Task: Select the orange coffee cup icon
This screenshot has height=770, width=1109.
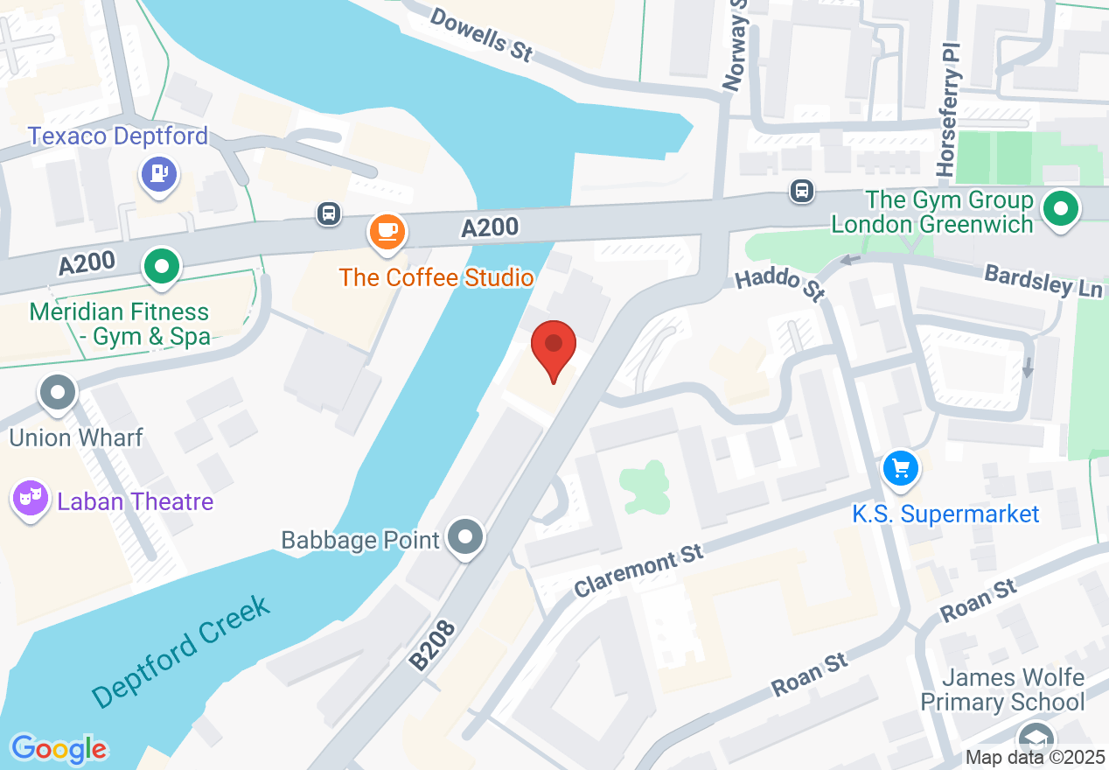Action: pyautogui.click(x=387, y=232)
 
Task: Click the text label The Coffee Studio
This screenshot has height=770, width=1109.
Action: pyautogui.click(x=436, y=278)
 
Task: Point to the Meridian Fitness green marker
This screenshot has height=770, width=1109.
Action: pyautogui.click(x=161, y=269)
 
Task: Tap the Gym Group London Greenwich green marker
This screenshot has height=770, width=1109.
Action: pyautogui.click(x=1062, y=210)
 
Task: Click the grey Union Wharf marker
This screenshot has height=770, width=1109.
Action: pyautogui.click(x=59, y=393)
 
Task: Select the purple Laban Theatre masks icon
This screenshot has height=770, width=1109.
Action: pyautogui.click(x=31, y=500)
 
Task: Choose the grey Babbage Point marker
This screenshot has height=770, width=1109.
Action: pyautogui.click(x=464, y=537)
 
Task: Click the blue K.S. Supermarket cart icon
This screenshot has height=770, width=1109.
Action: pyautogui.click(x=901, y=470)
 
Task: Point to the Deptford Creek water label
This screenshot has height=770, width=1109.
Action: pyautogui.click(x=181, y=650)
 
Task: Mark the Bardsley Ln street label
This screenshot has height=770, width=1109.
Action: pyautogui.click(x=1043, y=282)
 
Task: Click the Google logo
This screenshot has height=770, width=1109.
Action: pyautogui.click(x=59, y=749)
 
